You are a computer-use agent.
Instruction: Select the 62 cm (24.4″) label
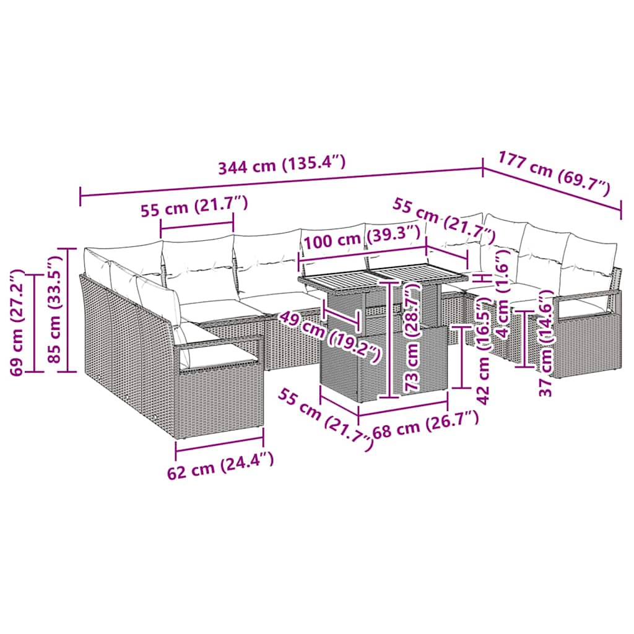click(x=220, y=466)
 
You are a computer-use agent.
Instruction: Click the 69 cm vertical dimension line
click(x=35, y=322)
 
